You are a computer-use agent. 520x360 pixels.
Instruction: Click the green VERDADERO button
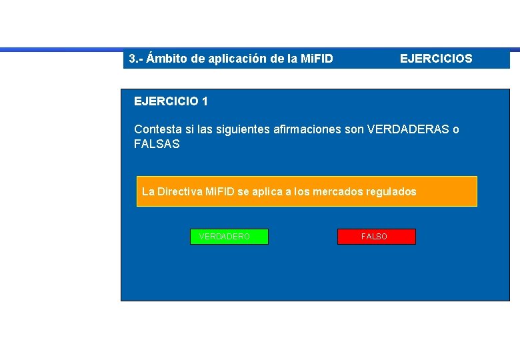click(229, 237)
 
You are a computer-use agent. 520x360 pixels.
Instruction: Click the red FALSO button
click(376, 237)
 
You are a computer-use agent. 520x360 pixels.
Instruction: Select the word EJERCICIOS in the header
click(436, 59)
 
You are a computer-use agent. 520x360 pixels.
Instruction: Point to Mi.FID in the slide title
click(315, 59)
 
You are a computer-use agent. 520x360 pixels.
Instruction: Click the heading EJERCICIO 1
click(171, 101)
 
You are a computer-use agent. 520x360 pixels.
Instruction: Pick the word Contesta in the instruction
click(155, 129)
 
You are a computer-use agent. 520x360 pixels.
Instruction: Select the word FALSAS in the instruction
click(157, 144)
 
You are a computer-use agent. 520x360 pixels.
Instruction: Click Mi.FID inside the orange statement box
click(219, 192)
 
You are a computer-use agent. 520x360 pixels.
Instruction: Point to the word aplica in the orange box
click(265, 192)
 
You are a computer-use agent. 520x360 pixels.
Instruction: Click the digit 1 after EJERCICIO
click(204, 101)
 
